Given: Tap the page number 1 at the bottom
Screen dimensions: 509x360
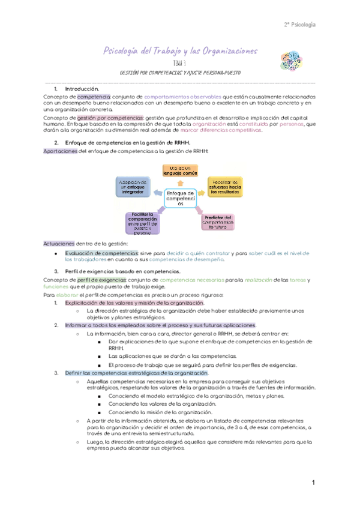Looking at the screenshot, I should point(313,483).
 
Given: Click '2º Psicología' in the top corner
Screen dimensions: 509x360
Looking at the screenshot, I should point(299,25).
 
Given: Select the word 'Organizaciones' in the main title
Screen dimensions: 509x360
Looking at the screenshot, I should point(223,52).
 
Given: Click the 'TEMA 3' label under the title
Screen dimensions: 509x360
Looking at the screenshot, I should point(180,63).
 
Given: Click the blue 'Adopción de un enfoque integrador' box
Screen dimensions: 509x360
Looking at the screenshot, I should point(132,185).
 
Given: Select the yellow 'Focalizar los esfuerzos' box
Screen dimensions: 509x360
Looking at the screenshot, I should point(226,185).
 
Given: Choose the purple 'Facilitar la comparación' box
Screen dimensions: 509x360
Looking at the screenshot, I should point(142,223).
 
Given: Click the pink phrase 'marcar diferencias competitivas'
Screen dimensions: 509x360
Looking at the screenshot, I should point(221,130).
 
